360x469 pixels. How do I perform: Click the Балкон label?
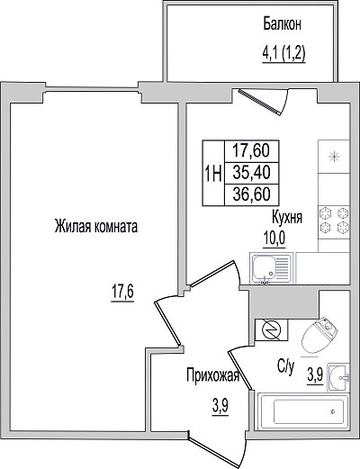click(282, 24)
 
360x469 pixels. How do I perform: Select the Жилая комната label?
click(96, 226)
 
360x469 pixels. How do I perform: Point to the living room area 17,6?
click(122, 293)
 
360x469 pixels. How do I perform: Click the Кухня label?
click(287, 217)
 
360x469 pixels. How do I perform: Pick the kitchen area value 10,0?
click(274, 239)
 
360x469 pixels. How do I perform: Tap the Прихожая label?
click(213, 375)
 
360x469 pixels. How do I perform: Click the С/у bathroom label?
click(286, 366)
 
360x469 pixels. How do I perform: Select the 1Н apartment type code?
click(213, 174)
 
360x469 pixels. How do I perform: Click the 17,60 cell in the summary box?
click(252, 151)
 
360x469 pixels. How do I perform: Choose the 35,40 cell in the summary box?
click(252, 173)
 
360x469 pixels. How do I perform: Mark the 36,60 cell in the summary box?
click(252, 194)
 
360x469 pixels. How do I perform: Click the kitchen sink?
click(272, 267)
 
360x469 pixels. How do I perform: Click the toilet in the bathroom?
click(319, 336)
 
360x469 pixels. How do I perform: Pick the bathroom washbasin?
click(338, 377)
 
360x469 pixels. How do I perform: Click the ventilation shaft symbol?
click(272, 329)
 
